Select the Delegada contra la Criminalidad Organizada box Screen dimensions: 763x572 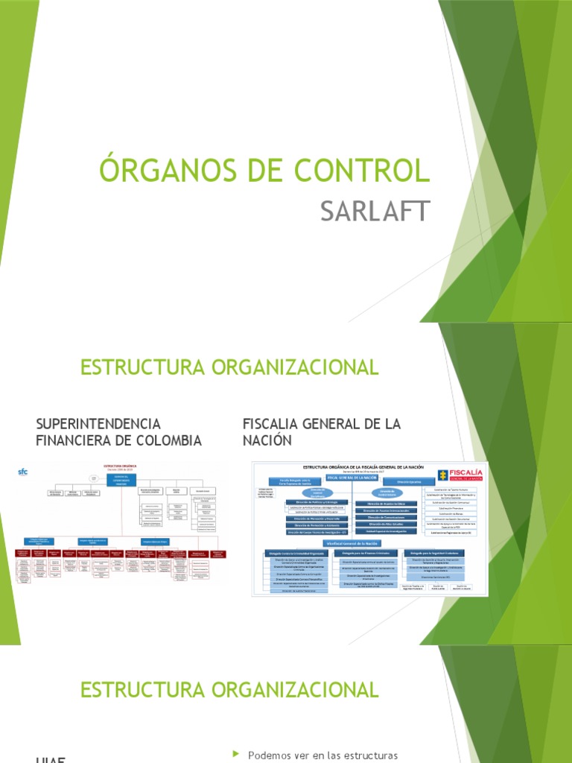pos(295,553)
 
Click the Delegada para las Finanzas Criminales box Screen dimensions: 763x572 pos(366,553)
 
